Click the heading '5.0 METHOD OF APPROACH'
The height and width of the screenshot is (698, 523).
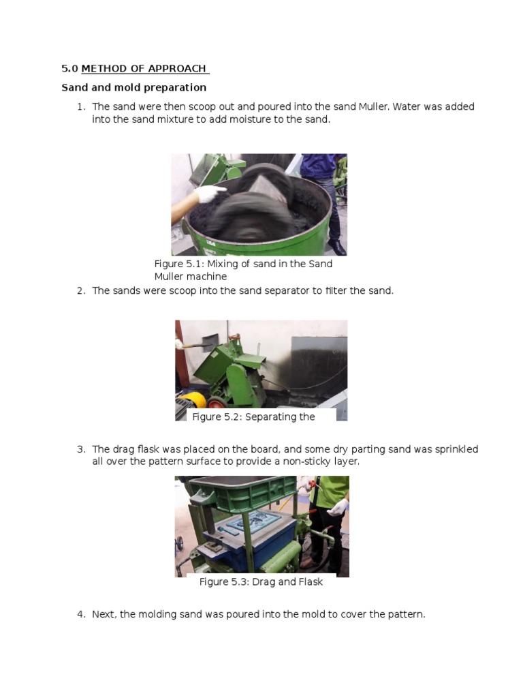[x=136, y=69]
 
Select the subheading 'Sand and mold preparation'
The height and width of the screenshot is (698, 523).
[x=134, y=87]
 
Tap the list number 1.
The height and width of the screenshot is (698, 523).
[x=80, y=107]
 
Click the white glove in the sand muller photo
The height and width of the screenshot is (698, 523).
[x=208, y=194]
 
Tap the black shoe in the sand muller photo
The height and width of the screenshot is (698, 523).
[x=337, y=247]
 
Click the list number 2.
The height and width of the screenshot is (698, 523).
[x=80, y=291]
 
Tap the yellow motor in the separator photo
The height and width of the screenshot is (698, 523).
[x=193, y=399]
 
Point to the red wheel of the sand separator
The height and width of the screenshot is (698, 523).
[x=217, y=403]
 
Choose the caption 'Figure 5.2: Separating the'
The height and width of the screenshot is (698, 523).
[x=253, y=417]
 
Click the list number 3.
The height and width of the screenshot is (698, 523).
[x=80, y=450]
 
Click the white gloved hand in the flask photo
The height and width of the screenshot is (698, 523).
[x=338, y=507]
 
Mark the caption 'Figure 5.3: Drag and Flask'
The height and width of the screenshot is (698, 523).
[x=261, y=582]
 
